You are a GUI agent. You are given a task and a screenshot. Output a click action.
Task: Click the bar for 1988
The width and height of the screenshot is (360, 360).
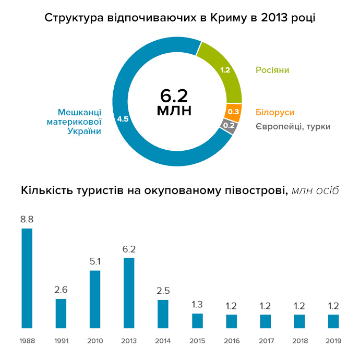[27, 278]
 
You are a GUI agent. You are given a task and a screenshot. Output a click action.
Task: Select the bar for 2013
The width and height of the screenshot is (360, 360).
[129, 293]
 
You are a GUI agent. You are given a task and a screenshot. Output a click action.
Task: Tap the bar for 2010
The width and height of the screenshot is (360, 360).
[95, 299]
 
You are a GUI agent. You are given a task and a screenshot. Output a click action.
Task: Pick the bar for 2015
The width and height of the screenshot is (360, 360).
[197, 320]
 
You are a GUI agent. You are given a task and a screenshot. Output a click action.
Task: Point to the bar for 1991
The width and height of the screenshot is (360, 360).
[61, 313]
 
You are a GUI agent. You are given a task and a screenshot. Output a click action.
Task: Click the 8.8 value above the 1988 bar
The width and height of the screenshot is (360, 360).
[27, 219]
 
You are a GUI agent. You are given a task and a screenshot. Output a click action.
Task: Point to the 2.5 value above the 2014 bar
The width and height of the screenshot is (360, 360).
[163, 291]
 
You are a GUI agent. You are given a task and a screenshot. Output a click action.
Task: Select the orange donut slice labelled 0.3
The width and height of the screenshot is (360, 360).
[233, 112]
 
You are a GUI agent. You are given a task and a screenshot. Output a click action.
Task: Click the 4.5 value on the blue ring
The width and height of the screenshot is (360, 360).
[123, 119]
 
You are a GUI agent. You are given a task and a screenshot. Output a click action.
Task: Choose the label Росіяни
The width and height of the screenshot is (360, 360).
[272, 70]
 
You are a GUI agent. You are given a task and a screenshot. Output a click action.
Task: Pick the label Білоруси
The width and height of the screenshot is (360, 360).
[275, 112]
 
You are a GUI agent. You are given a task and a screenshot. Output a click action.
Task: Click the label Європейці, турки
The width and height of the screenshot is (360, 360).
[293, 126]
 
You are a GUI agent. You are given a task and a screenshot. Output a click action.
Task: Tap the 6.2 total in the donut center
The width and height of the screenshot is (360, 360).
[174, 96]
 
